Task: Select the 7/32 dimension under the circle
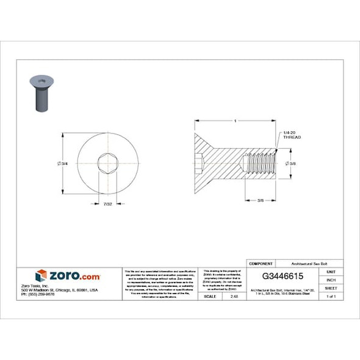[x=107, y=204]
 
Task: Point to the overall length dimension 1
[x=235, y=121]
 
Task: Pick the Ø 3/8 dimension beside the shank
[x=292, y=164]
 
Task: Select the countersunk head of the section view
[x=206, y=164]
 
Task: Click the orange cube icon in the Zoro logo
[x=41, y=276]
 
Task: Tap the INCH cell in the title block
[x=331, y=279]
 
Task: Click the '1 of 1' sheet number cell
[x=331, y=296]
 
